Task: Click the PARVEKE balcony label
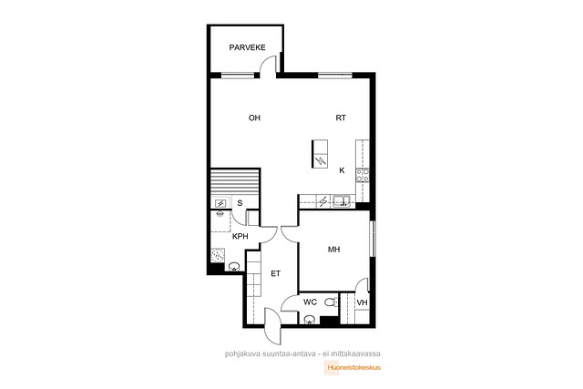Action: click(247, 47)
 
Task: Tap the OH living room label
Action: click(254, 118)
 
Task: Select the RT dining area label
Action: click(341, 118)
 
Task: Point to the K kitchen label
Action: click(342, 170)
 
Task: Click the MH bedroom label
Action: click(334, 250)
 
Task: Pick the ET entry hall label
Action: click(275, 273)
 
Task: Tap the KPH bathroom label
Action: click(240, 237)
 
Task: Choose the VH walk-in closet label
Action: click(363, 302)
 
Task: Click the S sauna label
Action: click(240, 203)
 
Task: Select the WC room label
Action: click(310, 302)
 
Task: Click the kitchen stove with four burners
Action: click(363, 175)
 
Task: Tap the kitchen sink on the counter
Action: click(342, 201)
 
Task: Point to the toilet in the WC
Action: click(331, 302)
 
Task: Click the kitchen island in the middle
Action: click(320, 154)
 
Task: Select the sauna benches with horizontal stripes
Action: click(235, 182)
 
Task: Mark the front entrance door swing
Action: click(272, 326)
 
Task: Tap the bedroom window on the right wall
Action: click(373, 239)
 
